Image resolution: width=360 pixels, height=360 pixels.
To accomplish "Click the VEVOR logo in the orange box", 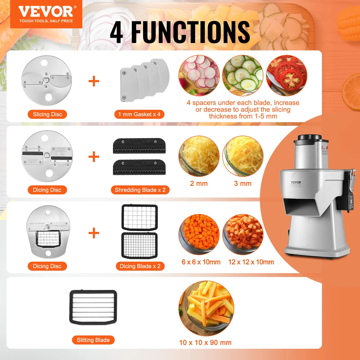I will coord(45,12).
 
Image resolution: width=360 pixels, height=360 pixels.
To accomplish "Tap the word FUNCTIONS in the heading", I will coord(190,32).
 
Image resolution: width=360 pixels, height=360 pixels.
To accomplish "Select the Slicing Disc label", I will coord(47,114).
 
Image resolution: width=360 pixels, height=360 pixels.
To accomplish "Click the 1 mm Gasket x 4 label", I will coord(139,114).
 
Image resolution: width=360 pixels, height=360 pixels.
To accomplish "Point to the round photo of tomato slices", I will coord(286,75).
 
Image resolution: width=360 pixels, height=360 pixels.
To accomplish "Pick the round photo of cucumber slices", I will coord(243,75).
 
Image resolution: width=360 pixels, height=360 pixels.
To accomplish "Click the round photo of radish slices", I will coord(199,75).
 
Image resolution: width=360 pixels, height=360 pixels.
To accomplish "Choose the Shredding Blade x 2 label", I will coord(140,190).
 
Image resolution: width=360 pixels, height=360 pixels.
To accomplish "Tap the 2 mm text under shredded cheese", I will coord(199,184).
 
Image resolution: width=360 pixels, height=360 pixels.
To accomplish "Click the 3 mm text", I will coord(243,184).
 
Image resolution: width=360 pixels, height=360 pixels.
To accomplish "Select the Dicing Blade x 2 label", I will coord(140,266).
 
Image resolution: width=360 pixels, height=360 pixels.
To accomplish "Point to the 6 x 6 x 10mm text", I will coord(201,262).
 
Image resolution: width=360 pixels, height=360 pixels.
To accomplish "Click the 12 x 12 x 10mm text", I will coord(251,262).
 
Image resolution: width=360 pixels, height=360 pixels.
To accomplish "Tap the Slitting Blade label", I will coord(93,340).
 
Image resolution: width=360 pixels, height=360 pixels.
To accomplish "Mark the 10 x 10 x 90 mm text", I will coord(205,342).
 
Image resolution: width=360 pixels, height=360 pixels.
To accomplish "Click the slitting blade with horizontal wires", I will coord(93,307).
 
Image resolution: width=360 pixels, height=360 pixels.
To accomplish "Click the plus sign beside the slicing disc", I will coord(94,81).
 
